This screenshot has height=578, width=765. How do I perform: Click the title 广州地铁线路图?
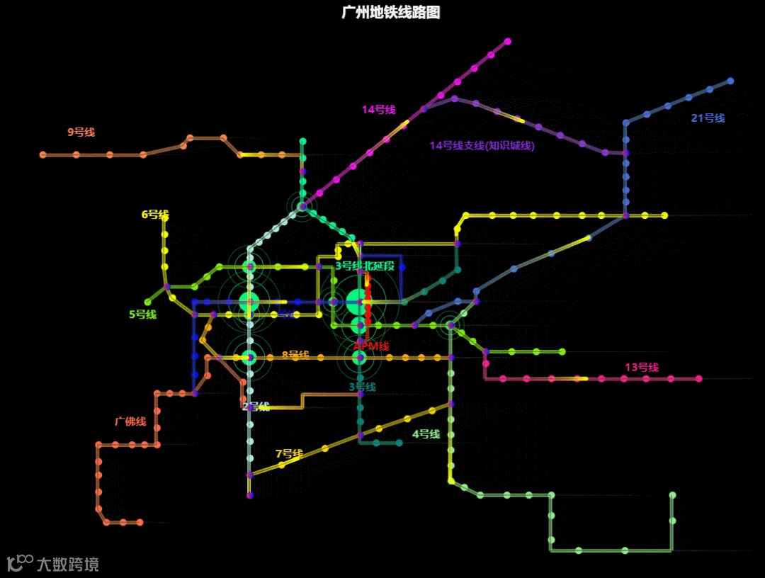click(390, 13)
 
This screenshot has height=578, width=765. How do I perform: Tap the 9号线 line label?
click(81, 132)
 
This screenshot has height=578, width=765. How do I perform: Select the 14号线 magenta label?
click(378, 110)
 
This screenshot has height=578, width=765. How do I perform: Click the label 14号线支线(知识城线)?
click(482, 146)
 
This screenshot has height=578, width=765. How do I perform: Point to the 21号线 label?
click(708, 118)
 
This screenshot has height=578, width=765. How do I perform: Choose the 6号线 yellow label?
click(155, 215)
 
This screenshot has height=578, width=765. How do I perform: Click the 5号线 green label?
click(142, 314)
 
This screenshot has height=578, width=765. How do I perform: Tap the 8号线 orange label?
click(295, 355)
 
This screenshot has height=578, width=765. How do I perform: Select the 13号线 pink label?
click(641, 368)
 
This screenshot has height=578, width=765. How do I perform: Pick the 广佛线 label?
click(130, 422)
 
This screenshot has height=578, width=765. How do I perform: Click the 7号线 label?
click(289, 454)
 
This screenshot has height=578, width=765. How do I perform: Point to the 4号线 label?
click(426, 434)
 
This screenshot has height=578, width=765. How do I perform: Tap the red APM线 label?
click(372, 346)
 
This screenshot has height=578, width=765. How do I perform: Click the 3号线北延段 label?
click(364, 266)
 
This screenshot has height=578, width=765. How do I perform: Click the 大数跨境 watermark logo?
click(52, 564)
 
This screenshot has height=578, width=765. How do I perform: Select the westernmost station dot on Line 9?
click(42, 154)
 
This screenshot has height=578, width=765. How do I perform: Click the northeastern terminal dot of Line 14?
click(508, 41)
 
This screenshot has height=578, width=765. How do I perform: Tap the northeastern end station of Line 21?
click(730, 81)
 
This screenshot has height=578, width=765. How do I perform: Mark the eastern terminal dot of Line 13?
click(698, 379)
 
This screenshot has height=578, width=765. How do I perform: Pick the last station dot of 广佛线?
click(140, 522)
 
